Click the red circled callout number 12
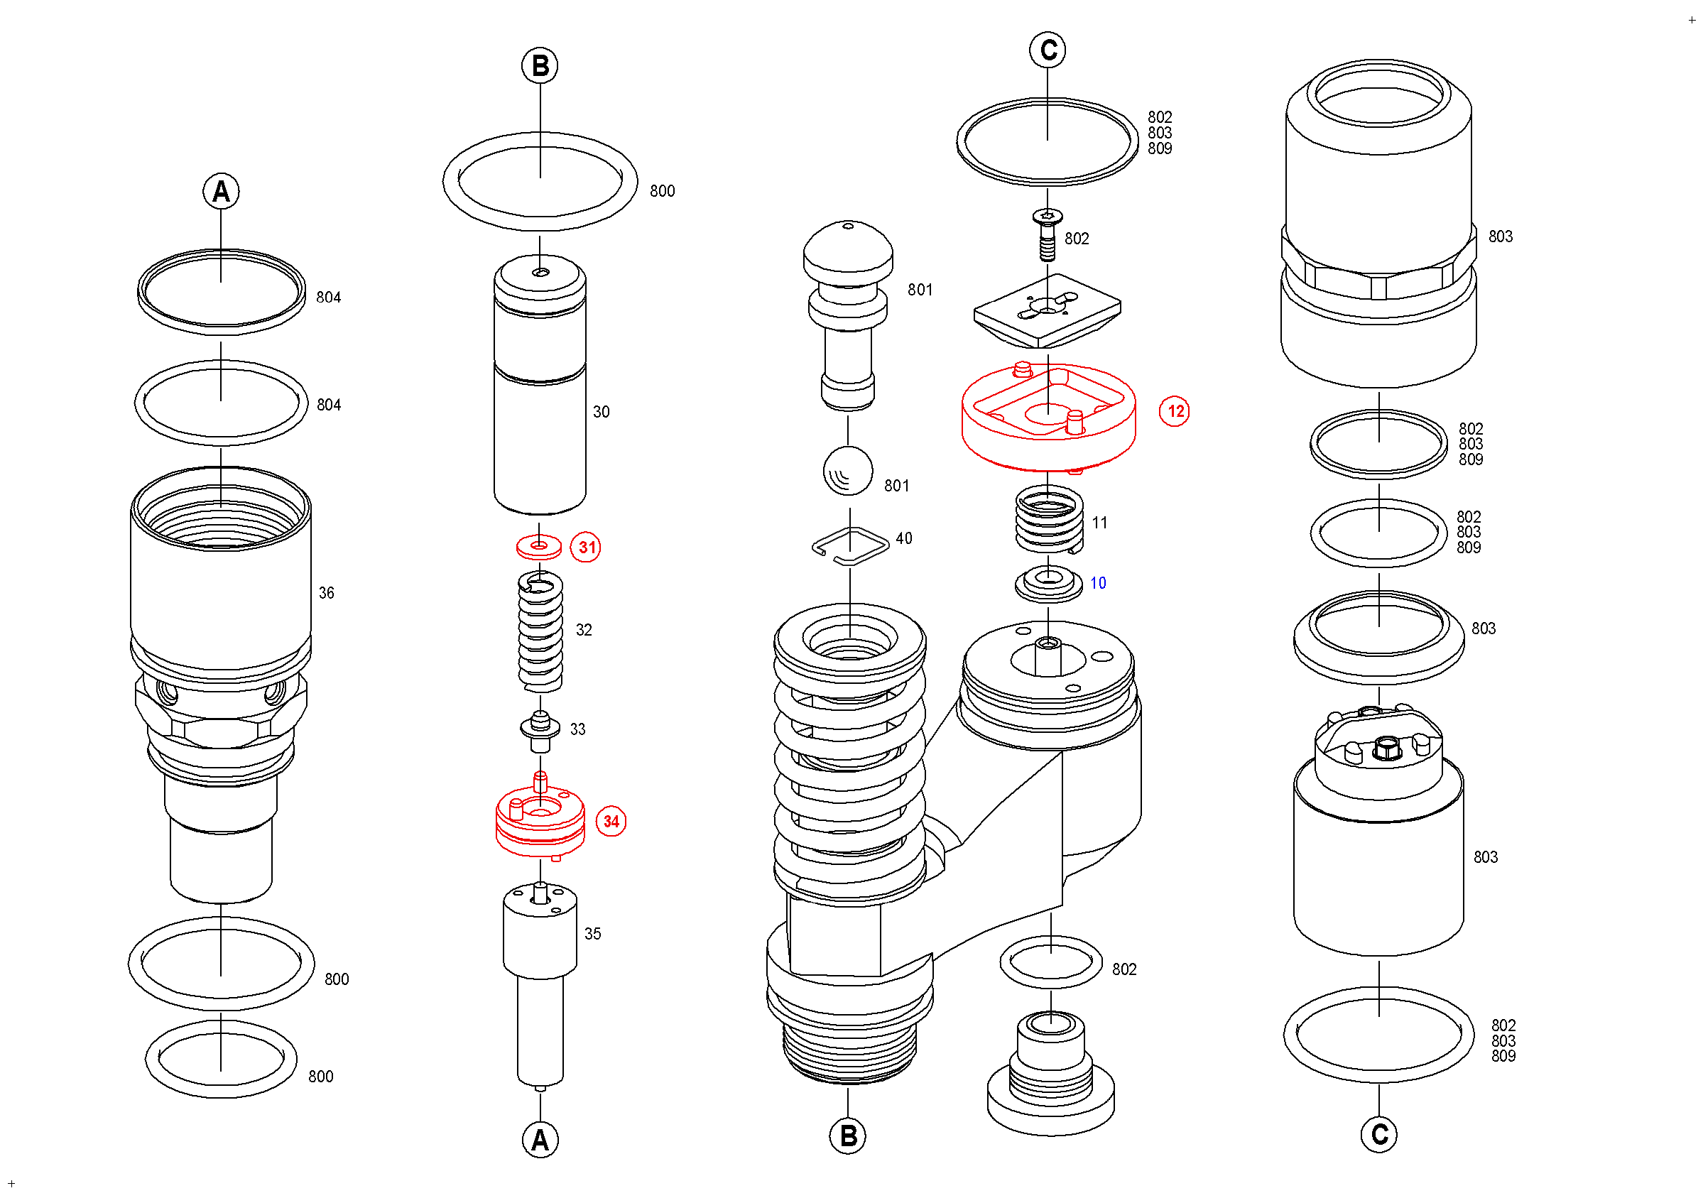pos(1174,412)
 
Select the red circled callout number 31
pos(586,548)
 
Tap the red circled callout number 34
pos(611,822)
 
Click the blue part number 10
pos(1098,584)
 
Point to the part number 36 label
pos(327,594)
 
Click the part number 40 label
pos(903,538)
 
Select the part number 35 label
pos(592,935)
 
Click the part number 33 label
pos(578,730)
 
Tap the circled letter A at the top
pos(221,192)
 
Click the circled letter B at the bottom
pos(848,1137)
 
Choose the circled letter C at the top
pos(1048,50)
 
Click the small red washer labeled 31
pos(539,548)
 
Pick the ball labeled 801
pos(848,471)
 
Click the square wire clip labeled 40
pos(850,547)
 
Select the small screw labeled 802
pos(1048,234)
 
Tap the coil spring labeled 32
pos(540,631)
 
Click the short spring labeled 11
pos(1049,521)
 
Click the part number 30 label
pos(601,413)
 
